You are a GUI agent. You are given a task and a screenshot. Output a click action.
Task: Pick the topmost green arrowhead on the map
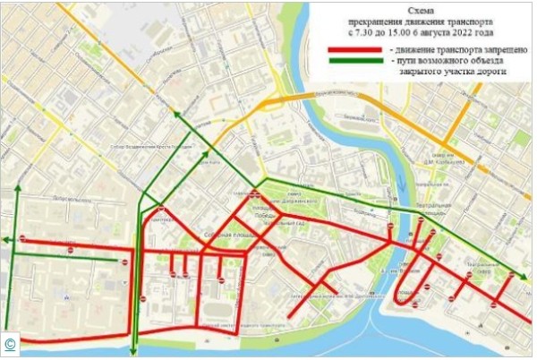[x=176, y=113]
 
